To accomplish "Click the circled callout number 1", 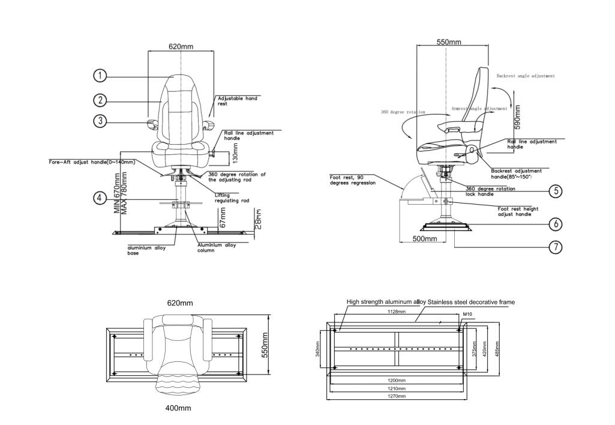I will click(100, 76).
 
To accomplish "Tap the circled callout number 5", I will click(556, 191).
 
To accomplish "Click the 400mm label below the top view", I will click(178, 408).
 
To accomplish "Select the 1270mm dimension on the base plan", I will click(397, 396).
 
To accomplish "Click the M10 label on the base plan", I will click(467, 313).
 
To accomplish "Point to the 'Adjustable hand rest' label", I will click(237, 101).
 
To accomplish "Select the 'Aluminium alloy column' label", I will click(217, 247).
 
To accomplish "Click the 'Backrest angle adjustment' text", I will click(526, 76).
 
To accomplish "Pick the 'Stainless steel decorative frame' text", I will click(471, 301).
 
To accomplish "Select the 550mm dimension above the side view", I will click(448, 42).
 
